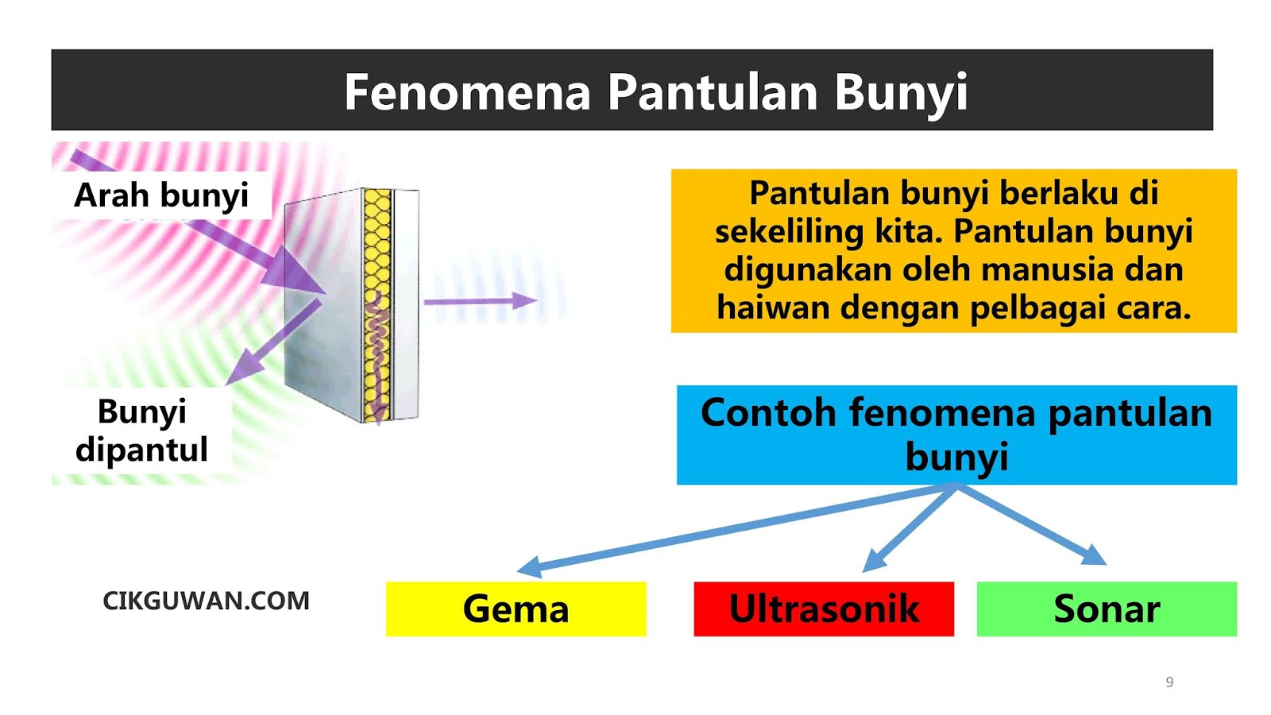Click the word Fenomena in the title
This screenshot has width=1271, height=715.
(x=467, y=92)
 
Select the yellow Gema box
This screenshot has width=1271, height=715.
(x=516, y=609)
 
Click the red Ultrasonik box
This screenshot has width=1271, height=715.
(x=824, y=609)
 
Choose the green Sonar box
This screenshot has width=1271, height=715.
(x=1107, y=609)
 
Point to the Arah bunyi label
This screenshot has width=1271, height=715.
(x=161, y=195)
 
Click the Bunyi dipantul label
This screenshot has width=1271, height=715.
(x=141, y=431)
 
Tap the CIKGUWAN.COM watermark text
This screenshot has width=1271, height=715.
(x=206, y=601)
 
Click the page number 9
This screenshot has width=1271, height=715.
(x=1169, y=682)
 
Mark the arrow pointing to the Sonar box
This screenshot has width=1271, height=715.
(x=1033, y=524)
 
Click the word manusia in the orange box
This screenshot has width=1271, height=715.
(x=1045, y=270)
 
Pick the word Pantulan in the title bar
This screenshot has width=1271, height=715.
(x=713, y=92)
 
